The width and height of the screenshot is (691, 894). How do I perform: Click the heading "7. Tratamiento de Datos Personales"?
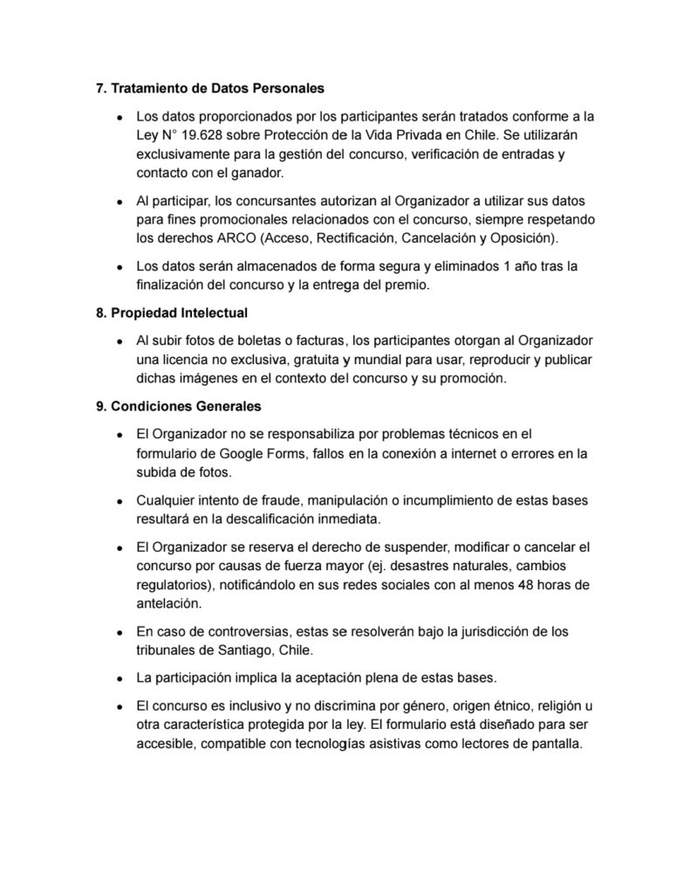coord(209,88)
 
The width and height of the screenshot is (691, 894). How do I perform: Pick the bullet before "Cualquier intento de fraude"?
coord(120,502)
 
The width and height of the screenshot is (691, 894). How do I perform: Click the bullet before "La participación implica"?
coord(120,678)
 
